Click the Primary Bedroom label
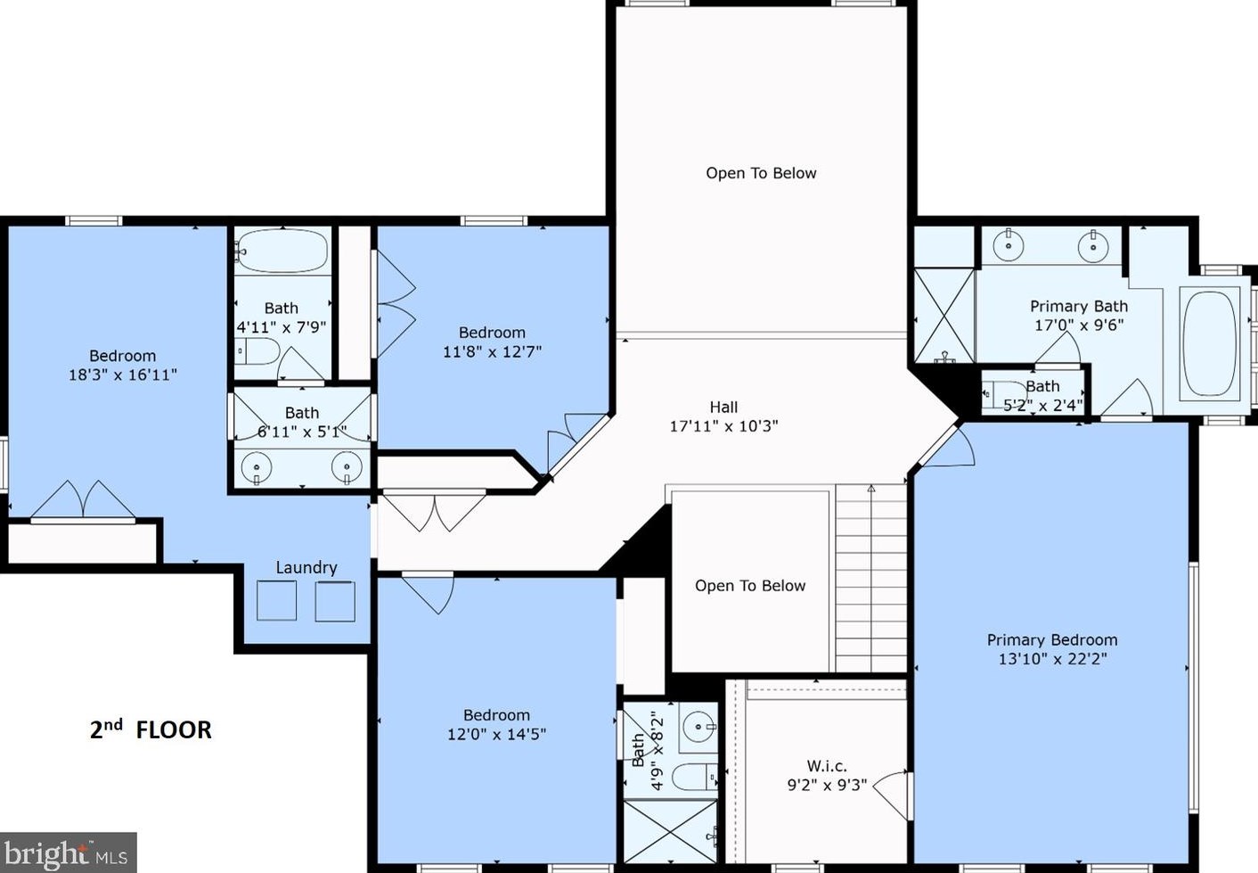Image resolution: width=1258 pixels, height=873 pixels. coord(1051,639)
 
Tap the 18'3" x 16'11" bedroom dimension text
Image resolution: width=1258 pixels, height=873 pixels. coord(123,375)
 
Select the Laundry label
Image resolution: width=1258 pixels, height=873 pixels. coord(306,567)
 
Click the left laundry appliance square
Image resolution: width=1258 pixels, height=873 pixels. coord(276,601)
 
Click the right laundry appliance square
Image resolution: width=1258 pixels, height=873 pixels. coord(335,601)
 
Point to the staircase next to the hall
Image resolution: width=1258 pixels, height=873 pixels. coord(870,580)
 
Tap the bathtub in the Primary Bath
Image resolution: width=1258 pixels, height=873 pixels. coord(1209,342)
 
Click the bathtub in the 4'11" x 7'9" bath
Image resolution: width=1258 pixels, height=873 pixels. coord(282,251)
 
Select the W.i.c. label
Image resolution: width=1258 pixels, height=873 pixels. coord(827,765)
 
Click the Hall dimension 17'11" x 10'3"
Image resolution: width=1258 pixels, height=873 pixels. coord(723,426)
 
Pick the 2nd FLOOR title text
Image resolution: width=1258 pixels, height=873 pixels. coord(151,729)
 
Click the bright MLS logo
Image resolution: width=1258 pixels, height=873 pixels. coord(68,853)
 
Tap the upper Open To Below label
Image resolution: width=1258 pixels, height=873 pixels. coord(761,173)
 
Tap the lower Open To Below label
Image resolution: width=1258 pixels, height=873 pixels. coord(749,585)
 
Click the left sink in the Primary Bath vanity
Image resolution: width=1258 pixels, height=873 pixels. coord(1009,244)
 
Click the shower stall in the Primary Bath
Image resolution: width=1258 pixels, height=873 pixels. coord(943,314)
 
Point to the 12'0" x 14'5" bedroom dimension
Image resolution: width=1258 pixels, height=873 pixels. coord(496,734)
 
